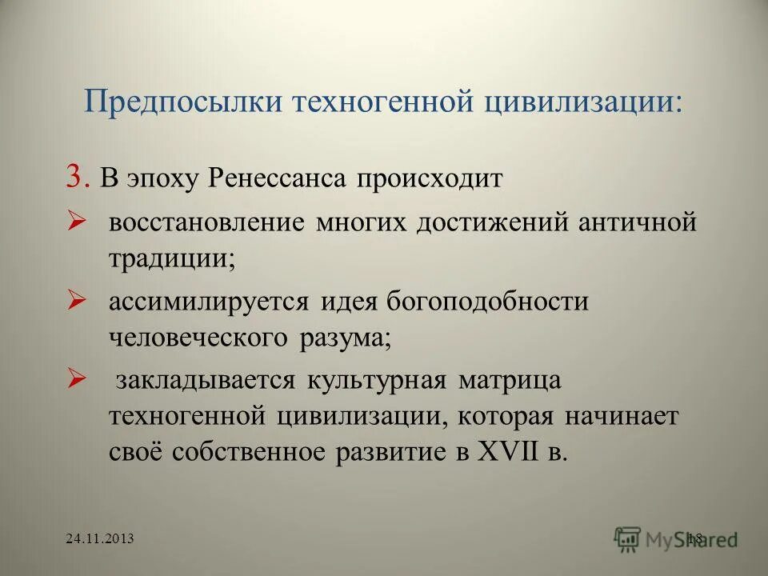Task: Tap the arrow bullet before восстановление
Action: tap(77, 222)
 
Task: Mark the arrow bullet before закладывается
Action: tap(77, 380)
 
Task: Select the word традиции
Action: tap(171, 258)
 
